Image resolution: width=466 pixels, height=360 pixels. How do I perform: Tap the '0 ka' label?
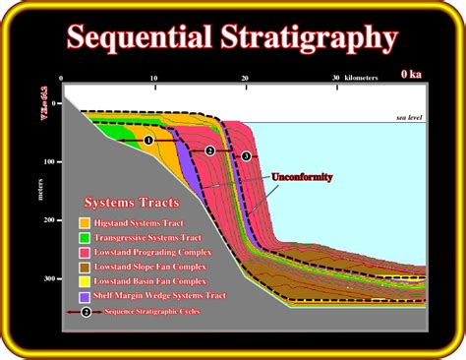point(412,73)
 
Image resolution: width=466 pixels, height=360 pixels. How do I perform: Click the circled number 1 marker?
point(148,141)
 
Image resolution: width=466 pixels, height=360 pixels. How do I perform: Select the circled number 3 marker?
point(246,155)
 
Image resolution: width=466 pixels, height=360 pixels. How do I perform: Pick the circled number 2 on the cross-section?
point(209,150)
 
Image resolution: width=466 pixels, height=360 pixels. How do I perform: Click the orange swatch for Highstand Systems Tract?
point(86,222)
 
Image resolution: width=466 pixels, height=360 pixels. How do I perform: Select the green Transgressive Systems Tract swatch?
point(86,237)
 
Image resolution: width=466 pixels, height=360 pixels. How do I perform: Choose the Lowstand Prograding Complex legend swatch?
point(86,252)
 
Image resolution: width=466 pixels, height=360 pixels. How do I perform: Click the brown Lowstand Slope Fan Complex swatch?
point(86,266)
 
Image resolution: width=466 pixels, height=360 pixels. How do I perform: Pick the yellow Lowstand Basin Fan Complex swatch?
point(86,280)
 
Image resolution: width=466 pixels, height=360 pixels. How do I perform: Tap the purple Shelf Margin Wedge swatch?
point(86,295)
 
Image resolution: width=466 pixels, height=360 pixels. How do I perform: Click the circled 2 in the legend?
point(86,312)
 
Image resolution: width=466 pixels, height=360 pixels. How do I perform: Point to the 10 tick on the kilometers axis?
point(153,78)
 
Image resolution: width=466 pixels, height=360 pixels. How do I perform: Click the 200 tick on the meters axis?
point(50,221)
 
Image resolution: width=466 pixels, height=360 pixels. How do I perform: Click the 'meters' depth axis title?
point(40,186)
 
